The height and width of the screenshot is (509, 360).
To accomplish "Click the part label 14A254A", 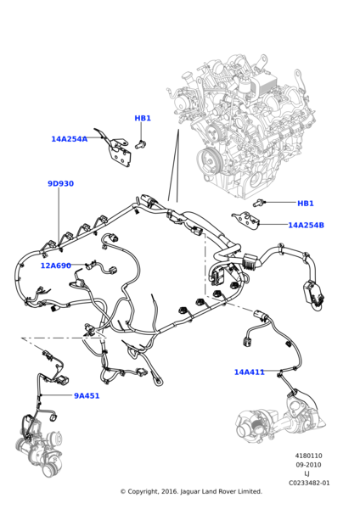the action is point(70,139).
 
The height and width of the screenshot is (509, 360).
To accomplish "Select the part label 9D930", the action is point(61,183).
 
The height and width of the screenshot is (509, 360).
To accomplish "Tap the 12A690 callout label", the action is point(55,266).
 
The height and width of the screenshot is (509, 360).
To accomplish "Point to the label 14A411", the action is point(250,372).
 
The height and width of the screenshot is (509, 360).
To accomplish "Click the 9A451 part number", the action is point(87,395).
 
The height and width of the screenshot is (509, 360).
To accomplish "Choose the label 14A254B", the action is point(306,225).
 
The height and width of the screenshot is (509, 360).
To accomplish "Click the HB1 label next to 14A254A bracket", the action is point(143,118).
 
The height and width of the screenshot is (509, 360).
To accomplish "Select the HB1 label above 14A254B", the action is point(306,204).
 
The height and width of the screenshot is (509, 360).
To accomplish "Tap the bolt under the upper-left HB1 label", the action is point(141,144).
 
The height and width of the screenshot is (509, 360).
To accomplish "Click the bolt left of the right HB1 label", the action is point(259,203).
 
